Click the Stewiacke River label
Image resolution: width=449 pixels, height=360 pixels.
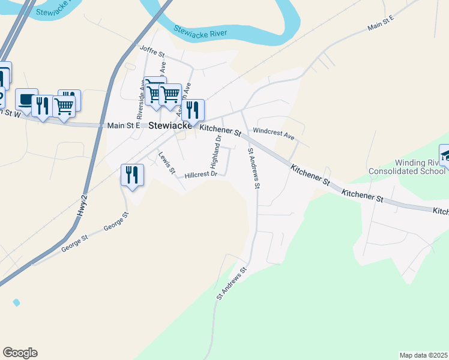coord(200,30)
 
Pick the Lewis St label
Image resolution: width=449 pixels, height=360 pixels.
coord(166,163)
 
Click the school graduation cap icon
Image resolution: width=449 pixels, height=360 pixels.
coord(445,155)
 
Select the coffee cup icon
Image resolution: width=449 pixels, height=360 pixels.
coord(26,99)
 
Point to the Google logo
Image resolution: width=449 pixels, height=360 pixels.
coord(20,353)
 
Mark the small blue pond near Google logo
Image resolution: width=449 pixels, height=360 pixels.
coord(16,302)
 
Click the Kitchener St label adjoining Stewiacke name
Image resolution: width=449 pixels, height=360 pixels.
coord(220,130)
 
